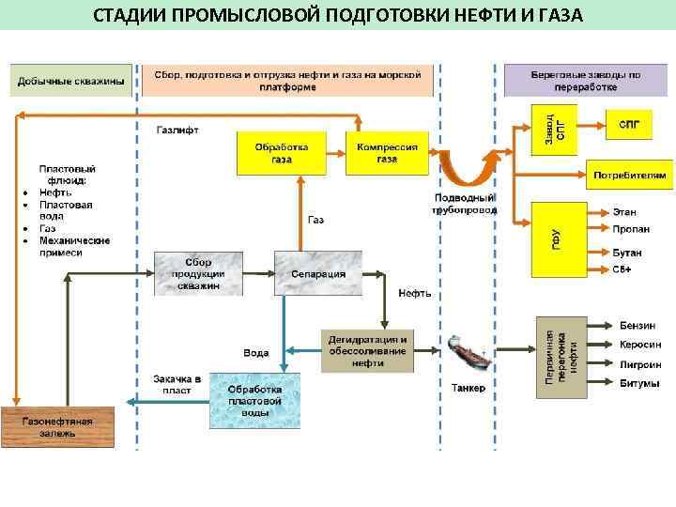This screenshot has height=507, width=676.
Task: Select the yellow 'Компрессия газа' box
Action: [388, 153]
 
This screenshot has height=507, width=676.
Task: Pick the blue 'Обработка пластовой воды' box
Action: [254, 400]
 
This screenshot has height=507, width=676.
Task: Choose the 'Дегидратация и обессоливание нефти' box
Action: [366, 350]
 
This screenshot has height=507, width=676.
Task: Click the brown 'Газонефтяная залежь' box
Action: [57, 428]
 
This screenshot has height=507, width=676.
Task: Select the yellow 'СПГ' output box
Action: [630, 124]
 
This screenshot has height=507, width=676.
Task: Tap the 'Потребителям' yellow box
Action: [630, 175]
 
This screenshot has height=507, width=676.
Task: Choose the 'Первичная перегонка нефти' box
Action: [561, 354]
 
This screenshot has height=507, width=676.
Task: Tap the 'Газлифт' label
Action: [177, 130]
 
